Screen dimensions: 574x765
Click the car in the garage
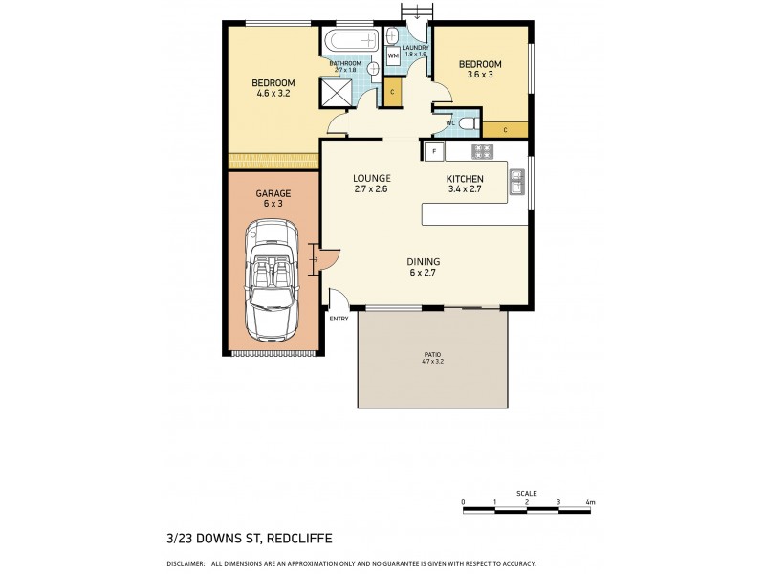(x=272, y=279)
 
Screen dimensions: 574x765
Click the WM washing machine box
(x=393, y=56)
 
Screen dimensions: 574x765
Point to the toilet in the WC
(x=467, y=124)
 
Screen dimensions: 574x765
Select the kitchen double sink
(x=516, y=181)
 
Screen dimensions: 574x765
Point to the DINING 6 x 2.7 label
(x=423, y=267)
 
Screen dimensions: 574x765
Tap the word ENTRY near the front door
(x=339, y=319)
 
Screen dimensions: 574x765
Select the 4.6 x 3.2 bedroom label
(x=273, y=88)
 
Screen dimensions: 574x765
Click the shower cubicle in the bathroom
(x=336, y=94)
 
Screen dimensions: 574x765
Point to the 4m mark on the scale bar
(x=592, y=501)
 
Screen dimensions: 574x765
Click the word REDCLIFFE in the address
(x=235, y=538)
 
